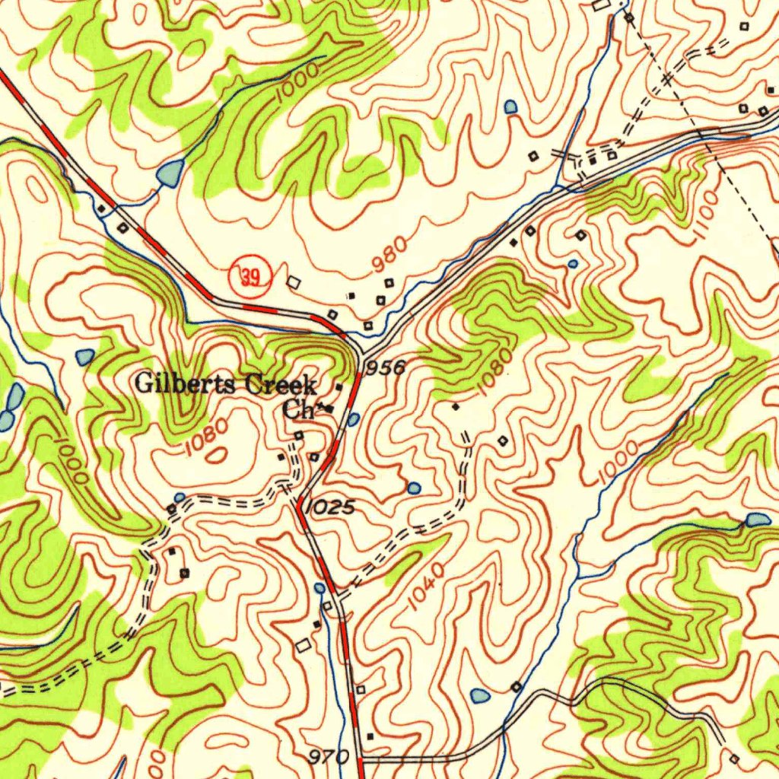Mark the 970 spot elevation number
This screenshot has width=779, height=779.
(x=329, y=758)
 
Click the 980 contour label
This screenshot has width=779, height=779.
(x=389, y=255)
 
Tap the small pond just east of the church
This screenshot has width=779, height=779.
(x=353, y=418)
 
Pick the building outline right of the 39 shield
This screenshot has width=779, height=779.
(x=294, y=282)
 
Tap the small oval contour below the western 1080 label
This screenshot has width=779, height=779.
(x=218, y=456)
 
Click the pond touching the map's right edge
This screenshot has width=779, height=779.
(x=758, y=520)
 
